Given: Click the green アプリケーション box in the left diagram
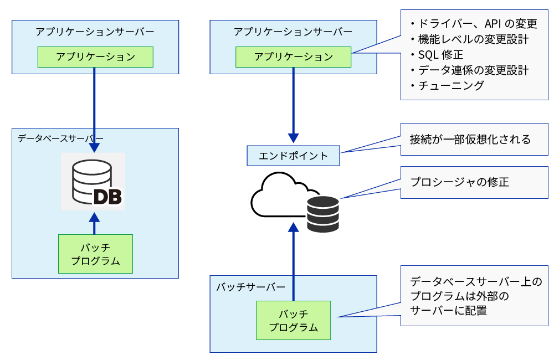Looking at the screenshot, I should (95, 57).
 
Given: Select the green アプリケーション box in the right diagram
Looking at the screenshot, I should (293, 57).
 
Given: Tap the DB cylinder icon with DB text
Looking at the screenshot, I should (93, 182).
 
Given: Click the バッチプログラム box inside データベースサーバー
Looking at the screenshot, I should (95, 254).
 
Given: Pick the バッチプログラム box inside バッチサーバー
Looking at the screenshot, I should (293, 320).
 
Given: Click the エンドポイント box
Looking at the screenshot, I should (293, 156).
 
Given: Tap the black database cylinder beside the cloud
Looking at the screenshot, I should (323, 214).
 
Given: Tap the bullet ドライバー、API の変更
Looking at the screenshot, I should (474, 24).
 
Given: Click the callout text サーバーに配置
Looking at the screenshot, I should (449, 311).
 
